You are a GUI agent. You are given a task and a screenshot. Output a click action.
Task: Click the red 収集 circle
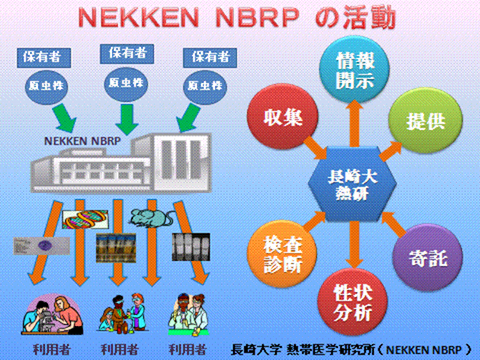(x=283, y=118)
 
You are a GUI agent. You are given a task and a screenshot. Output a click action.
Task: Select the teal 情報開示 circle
(x=354, y=70)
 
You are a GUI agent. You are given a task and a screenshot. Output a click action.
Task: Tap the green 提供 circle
(x=426, y=120)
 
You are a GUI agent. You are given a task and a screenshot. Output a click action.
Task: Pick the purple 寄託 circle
(x=428, y=258)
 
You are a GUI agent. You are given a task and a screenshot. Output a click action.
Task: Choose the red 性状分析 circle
(x=353, y=301)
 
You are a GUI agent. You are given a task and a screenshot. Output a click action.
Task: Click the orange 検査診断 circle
(x=282, y=254)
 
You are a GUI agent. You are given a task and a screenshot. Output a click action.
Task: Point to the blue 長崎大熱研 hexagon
(x=352, y=184)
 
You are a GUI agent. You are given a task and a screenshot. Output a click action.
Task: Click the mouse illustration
(x=150, y=217)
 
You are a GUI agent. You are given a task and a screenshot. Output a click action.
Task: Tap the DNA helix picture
(x=85, y=219)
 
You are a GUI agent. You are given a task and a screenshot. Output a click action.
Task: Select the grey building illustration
(x=121, y=162)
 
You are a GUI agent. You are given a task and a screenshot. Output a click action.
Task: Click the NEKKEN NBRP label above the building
(x=82, y=141)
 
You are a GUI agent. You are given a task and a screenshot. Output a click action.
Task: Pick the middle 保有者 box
(x=127, y=54)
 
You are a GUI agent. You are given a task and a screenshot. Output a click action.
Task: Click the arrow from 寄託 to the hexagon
(x=394, y=224)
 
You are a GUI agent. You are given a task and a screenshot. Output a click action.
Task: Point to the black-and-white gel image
(x=191, y=247)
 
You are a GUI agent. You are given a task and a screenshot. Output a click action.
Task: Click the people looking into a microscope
(x=52, y=314)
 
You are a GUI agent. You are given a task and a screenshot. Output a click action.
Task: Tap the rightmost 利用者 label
(x=187, y=349)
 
